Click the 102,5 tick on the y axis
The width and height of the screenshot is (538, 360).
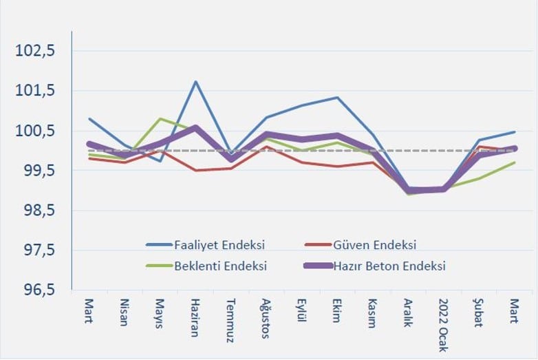tap(40, 52)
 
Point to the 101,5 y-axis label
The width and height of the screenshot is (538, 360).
tap(40, 92)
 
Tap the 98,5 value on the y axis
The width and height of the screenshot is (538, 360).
tap(40, 211)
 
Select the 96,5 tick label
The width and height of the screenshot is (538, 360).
tap(40, 291)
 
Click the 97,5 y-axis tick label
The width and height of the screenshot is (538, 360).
tap(40, 251)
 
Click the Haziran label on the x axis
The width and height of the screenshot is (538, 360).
tap(195, 317)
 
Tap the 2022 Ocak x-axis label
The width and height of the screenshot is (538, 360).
tap(442, 326)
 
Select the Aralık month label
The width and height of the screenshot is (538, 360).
tap(407, 313)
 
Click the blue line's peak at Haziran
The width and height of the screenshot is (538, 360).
tap(195, 82)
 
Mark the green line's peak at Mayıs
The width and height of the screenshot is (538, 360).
tap(160, 119)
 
